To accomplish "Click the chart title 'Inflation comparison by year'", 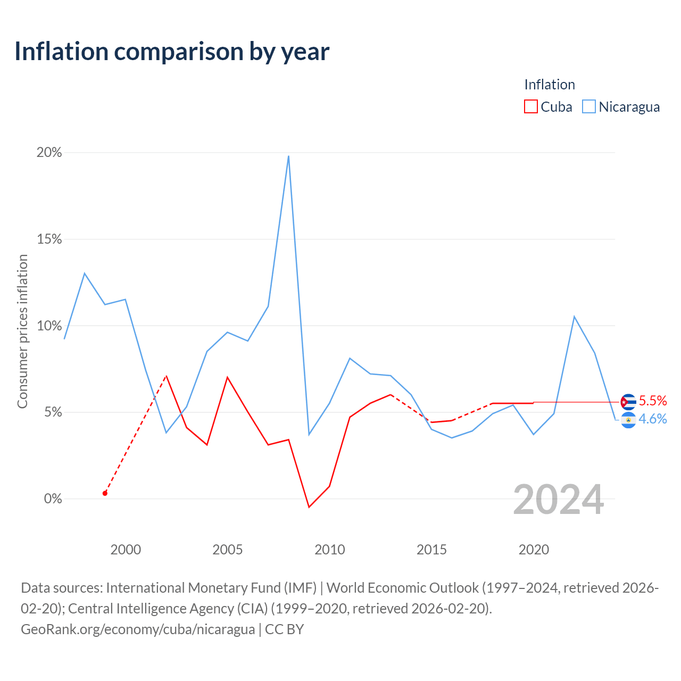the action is click(x=172, y=52).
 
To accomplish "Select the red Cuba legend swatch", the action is click(x=530, y=106).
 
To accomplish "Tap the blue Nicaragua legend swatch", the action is click(x=588, y=106).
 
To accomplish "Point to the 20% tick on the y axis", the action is click(x=49, y=152).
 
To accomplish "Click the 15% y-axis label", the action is click(x=49, y=239).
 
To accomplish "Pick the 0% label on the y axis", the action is click(x=53, y=499).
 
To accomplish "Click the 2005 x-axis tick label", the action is click(x=227, y=550).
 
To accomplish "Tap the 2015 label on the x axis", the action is click(x=431, y=550).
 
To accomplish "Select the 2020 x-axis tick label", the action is click(x=534, y=550).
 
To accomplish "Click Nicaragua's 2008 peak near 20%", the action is click(x=289, y=156).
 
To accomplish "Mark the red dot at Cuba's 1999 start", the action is click(x=105, y=493).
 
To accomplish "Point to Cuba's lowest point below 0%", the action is click(x=309, y=507).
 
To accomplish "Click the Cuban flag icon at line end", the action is click(x=628, y=402).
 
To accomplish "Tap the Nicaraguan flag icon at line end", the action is click(x=628, y=420).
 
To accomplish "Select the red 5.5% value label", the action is click(x=653, y=401).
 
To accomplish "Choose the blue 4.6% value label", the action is click(x=653, y=419).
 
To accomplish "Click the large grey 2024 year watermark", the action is click(x=559, y=500).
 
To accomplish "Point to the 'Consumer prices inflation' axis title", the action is click(x=22, y=331).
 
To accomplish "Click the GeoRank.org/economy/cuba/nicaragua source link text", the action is click(x=138, y=629).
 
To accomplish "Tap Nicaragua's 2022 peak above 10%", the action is click(x=574, y=317).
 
